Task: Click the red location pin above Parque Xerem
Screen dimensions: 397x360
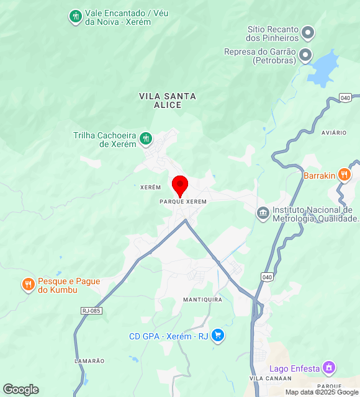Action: (x=180, y=185)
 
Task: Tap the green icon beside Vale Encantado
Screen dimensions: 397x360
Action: (x=76, y=17)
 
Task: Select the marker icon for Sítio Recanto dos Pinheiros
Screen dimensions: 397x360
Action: (x=307, y=33)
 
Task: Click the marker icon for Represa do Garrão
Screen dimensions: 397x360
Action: (x=305, y=56)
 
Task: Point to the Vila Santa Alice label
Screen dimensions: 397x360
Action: (x=168, y=100)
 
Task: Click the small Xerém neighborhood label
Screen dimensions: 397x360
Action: (x=151, y=187)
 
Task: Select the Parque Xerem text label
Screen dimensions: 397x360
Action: (x=183, y=202)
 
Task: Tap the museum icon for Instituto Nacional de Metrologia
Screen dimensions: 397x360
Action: (x=263, y=213)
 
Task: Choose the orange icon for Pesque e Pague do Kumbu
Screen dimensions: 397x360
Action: (x=28, y=285)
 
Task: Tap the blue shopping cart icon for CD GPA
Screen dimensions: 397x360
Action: (x=217, y=336)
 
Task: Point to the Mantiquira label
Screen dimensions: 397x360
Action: (x=202, y=300)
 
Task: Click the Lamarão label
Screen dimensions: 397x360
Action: (x=89, y=360)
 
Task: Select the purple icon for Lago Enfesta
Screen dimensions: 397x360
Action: (x=330, y=368)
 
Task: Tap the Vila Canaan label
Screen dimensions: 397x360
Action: (x=264, y=378)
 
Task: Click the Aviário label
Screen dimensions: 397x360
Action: (x=334, y=133)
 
